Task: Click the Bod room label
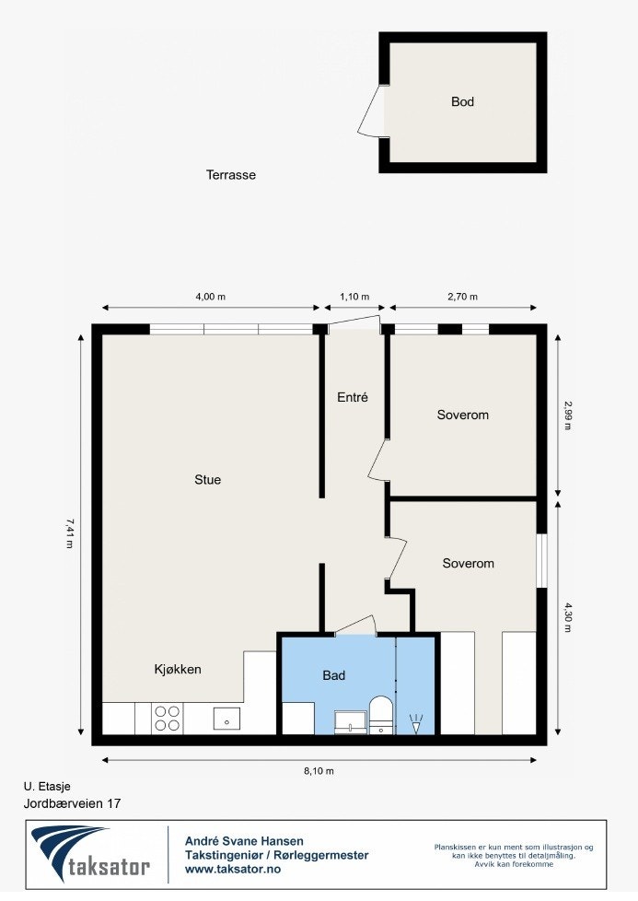pos(462,102)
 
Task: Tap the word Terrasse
pos(231,174)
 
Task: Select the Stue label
pos(207,479)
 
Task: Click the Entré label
pos(352,398)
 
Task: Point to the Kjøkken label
pos(178,669)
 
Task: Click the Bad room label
pos(333,675)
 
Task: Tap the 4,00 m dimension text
pos(210,297)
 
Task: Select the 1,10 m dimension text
pos(354,297)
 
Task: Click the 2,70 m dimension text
pos(462,297)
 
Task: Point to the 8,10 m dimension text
pos(319,771)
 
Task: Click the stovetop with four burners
pos(167,718)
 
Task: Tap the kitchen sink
pos(226,718)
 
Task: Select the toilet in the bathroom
pos(380,715)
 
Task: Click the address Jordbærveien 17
pos(72,803)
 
